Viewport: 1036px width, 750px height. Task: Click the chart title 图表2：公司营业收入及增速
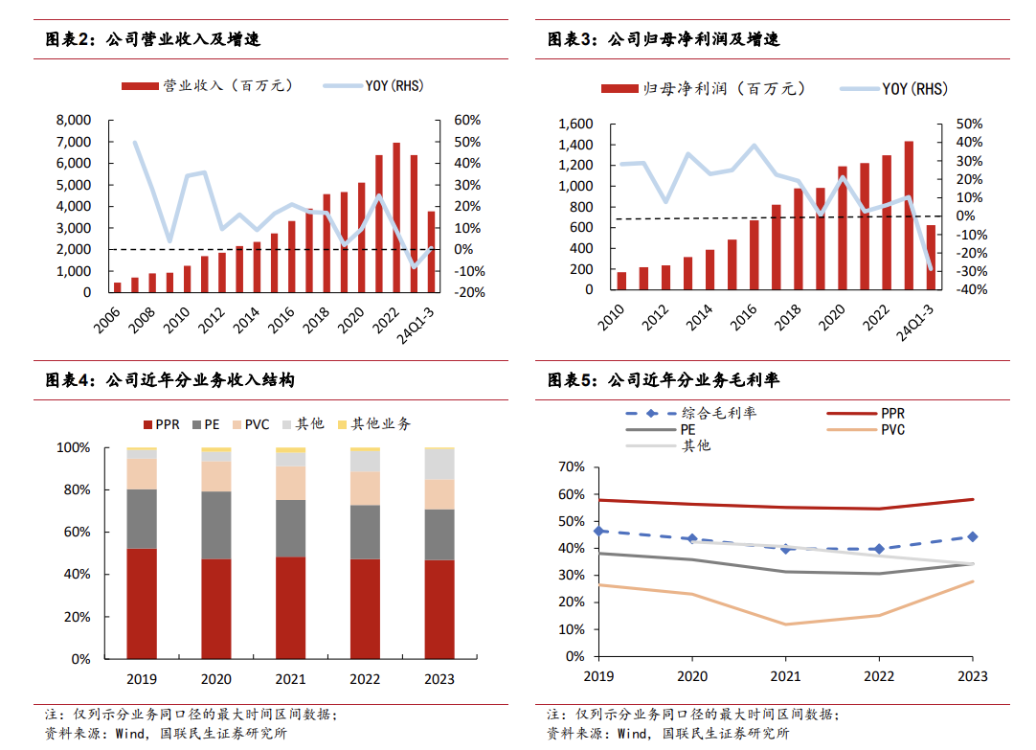[x=153, y=39]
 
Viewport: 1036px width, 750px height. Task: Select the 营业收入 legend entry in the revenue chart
[x=206, y=85]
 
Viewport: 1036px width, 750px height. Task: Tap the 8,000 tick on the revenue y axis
[x=73, y=120]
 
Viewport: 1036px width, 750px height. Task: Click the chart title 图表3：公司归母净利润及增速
[x=664, y=39]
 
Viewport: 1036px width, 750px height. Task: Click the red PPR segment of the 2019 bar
[x=142, y=603]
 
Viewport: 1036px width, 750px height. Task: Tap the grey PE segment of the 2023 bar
[x=439, y=534]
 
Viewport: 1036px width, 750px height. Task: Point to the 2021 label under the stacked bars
[x=290, y=679]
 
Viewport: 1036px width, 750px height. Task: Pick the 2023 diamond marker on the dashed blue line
[x=972, y=536]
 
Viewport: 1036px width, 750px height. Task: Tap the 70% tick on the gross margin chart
[x=571, y=466]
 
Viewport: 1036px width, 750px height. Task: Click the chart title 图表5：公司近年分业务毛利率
[x=664, y=380]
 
